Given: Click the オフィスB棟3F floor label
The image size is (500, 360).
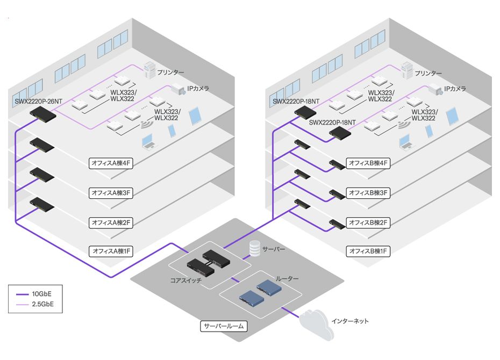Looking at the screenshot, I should (x=368, y=192).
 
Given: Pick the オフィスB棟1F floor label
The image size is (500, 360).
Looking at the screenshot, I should (x=368, y=251).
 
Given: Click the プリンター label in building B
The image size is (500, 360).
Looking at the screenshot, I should (x=428, y=73).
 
